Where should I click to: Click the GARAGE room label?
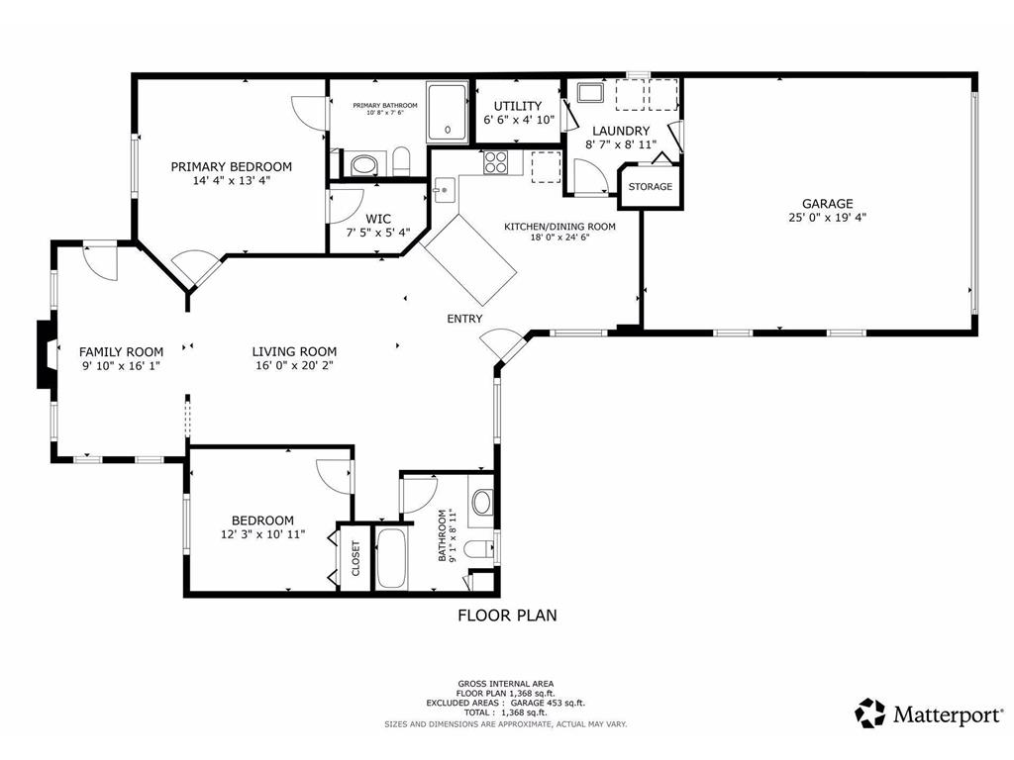[827, 204]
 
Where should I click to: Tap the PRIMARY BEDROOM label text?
[231, 166]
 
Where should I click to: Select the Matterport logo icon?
[870, 712]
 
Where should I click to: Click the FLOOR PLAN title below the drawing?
[506, 616]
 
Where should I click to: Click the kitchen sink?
[442, 189]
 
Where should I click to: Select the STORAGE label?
[650, 186]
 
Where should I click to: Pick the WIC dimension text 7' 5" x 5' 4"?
[377, 234]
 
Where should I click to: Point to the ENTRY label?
[464, 319]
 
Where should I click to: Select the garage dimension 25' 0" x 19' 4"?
[827, 218]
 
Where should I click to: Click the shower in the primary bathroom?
[449, 113]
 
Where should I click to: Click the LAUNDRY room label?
[621, 131]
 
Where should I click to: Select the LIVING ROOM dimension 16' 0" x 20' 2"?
[294, 365]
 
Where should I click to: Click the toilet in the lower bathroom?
[478, 548]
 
